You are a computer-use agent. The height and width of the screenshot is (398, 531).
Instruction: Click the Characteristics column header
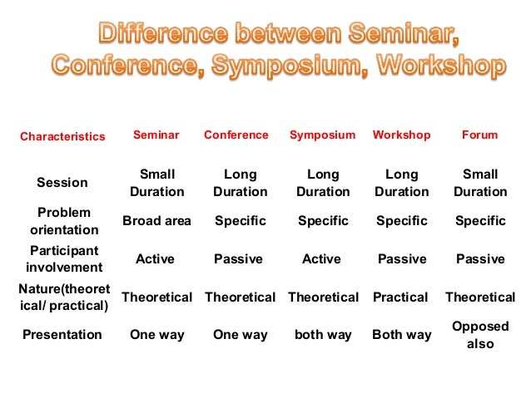click(62, 136)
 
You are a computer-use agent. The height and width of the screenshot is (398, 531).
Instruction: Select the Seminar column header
click(156, 135)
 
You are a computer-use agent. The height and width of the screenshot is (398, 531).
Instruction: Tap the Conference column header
click(236, 135)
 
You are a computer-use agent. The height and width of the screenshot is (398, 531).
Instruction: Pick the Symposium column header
click(322, 135)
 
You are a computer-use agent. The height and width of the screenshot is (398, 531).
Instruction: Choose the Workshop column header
click(401, 135)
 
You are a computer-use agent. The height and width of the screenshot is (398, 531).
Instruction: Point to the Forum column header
click(480, 135)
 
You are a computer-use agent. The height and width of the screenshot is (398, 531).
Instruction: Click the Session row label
click(62, 182)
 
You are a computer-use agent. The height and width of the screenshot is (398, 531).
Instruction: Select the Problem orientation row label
click(64, 221)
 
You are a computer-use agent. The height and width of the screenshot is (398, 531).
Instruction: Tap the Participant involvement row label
click(64, 258)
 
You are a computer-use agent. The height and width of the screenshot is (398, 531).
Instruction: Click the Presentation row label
click(62, 335)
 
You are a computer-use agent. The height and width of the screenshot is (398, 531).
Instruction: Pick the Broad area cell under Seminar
click(156, 221)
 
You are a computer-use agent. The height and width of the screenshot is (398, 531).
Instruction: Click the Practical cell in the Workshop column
click(401, 297)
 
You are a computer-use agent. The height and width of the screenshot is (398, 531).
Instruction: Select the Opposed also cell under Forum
click(480, 335)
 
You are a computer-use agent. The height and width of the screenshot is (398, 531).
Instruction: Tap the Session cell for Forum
click(480, 183)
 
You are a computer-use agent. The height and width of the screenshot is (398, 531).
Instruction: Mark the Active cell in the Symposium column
click(322, 259)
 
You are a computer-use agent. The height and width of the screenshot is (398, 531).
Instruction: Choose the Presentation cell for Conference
click(240, 335)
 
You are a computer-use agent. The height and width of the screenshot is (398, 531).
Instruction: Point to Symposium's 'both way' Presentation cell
click(322, 335)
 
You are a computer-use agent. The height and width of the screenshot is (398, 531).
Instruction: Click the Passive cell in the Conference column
click(238, 259)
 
